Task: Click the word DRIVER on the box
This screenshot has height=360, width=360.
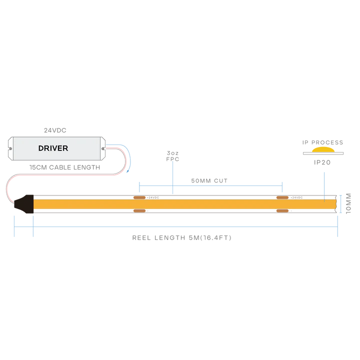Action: (x=53, y=148)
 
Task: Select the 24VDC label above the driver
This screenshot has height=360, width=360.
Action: (x=55, y=130)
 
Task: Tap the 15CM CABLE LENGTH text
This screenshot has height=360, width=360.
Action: (x=65, y=167)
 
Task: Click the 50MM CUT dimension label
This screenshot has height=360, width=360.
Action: (x=209, y=180)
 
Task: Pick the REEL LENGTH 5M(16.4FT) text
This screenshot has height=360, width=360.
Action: (x=182, y=238)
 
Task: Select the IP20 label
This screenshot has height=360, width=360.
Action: (x=322, y=162)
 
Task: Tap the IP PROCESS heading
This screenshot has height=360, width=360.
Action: (x=322, y=142)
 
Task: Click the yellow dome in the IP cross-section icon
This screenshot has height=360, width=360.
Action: (x=323, y=150)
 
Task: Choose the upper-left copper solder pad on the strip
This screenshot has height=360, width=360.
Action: (x=139, y=198)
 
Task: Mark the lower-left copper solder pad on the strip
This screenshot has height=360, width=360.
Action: (x=139, y=211)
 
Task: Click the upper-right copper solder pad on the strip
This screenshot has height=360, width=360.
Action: (x=282, y=198)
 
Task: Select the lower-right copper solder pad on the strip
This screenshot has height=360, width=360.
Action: (x=282, y=211)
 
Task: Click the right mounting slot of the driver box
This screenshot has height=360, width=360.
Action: (x=103, y=148)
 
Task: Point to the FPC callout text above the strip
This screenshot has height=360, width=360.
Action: (x=172, y=156)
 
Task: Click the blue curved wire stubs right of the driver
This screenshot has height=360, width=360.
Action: (x=127, y=157)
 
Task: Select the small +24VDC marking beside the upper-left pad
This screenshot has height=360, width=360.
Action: (x=153, y=198)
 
